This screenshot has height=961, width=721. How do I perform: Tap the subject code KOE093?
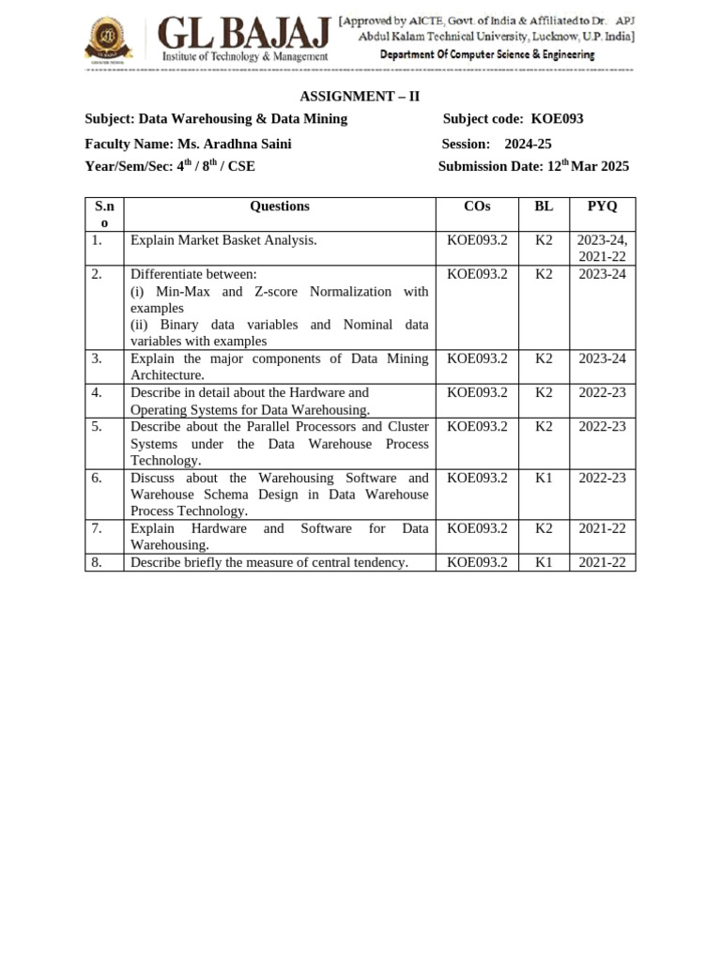(x=557, y=118)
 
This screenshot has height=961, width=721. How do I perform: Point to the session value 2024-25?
(x=528, y=144)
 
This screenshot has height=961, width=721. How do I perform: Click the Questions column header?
(x=279, y=206)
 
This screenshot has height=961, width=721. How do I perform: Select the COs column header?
(x=477, y=206)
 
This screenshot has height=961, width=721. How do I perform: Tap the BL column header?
(x=544, y=206)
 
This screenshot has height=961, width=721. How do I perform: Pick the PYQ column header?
(x=602, y=206)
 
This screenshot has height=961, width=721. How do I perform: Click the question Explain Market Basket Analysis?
(x=223, y=240)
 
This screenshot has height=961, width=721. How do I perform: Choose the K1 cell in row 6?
(x=544, y=478)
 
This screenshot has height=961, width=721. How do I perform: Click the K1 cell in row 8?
(x=544, y=562)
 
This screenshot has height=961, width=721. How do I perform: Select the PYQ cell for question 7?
(x=602, y=528)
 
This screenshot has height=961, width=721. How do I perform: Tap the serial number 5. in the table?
(x=97, y=427)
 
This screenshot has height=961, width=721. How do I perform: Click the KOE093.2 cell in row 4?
(x=477, y=393)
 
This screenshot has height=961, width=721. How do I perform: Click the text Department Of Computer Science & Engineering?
(x=486, y=54)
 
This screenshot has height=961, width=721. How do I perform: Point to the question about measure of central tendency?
(x=268, y=562)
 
